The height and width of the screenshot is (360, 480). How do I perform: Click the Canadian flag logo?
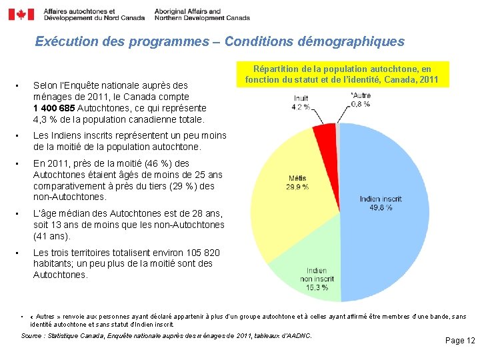click(21, 14)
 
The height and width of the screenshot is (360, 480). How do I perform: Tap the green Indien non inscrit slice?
click(313, 273)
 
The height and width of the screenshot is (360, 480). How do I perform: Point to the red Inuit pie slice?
click(326, 136)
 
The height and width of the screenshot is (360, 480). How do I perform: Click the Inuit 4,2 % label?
click(301, 102)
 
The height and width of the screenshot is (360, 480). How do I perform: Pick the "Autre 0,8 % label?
click(360, 99)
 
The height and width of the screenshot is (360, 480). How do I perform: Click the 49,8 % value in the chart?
click(381, 208)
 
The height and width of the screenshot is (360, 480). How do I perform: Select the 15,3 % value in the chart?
click(317, 287)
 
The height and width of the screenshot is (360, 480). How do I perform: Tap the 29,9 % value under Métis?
click(297, 187)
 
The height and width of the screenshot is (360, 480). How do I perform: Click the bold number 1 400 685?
click(54, 108)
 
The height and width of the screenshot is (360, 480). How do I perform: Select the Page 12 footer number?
click(460, 341)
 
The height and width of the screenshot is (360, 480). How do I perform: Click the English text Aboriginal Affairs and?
click(187, 11)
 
